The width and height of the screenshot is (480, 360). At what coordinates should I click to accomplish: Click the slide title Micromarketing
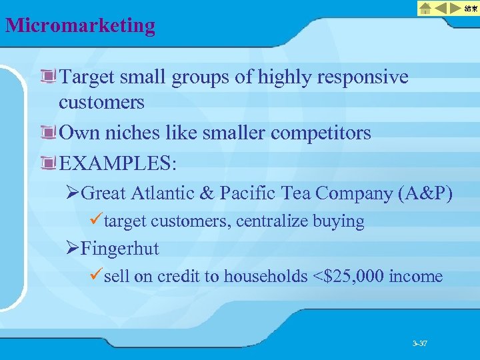point(80,25)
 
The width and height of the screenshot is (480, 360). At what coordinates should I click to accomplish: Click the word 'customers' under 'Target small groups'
point(101,102)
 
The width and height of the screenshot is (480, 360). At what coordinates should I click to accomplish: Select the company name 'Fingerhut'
point(120,249)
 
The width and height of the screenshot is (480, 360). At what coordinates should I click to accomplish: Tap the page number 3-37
point(419,344)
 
